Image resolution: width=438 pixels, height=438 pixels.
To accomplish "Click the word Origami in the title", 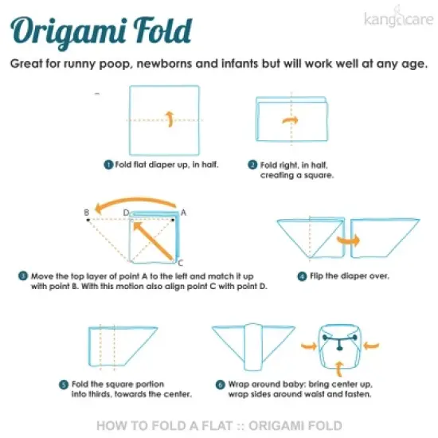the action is (x=68, y=32).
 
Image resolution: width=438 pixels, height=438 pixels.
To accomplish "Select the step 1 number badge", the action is (x=108, y=165).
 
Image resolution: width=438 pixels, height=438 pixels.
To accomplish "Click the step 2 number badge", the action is (x=252, y=165).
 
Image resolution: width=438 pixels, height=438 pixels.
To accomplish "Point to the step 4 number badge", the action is (x=302, y=276).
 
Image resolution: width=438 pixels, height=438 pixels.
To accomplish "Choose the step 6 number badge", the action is (x=220, y=385).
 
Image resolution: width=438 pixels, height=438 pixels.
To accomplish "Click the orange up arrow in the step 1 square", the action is (x=170, y=119).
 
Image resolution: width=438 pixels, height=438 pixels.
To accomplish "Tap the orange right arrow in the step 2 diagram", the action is (x=290, y=120).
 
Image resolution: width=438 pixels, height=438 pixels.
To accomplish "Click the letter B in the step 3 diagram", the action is (x=87, y=213).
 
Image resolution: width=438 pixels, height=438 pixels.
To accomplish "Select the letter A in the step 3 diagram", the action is (x=183, y=213).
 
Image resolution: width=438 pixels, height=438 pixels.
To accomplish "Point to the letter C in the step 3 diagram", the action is (x=181, y=263).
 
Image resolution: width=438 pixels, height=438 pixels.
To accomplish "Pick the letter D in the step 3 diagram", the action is (x=127, y=213).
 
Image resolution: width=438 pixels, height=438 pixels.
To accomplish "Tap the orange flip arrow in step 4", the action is (x=348, y=241).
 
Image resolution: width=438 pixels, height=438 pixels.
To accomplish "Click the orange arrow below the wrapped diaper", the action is (x=339, y=369).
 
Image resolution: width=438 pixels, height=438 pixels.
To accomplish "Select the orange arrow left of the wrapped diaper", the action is (x=309, y=346).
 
